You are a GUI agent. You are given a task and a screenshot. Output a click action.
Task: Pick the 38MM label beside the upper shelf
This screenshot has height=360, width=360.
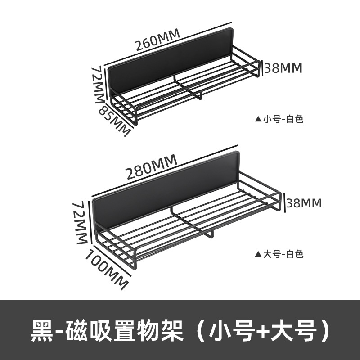point(283,68)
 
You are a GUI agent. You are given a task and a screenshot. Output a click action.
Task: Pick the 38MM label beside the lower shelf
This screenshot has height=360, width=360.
point(304,203)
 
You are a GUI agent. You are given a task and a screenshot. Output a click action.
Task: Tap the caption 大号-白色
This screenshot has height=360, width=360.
point(284,254)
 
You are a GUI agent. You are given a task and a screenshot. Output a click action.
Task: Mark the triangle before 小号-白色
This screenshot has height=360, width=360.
point(258,119)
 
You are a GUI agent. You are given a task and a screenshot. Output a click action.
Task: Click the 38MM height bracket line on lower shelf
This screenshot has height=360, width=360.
point(284,203)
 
